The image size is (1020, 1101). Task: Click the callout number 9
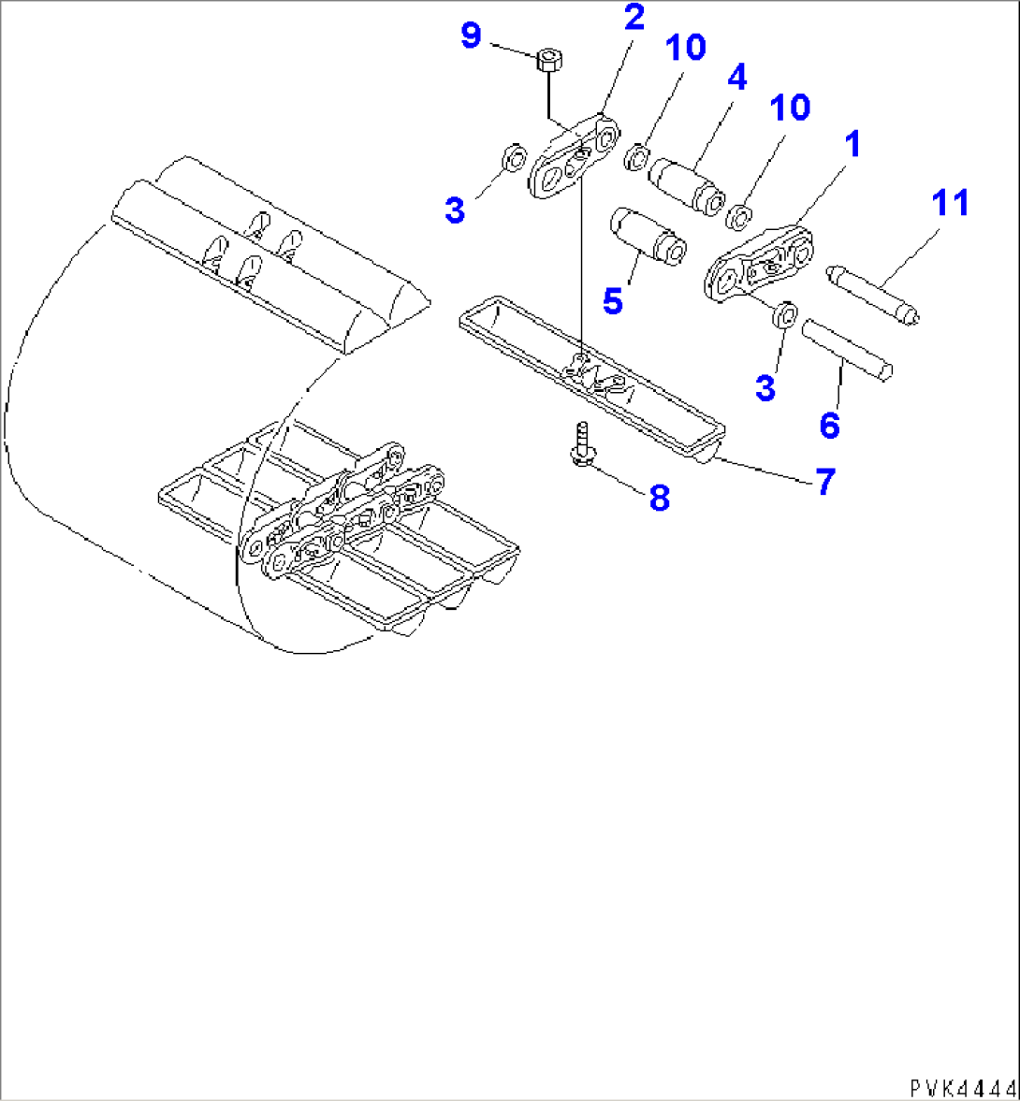[470, 36]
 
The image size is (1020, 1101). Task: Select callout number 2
[634, 18]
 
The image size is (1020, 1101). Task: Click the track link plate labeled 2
[574, 157]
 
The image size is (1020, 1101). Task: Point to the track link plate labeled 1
[758, 264]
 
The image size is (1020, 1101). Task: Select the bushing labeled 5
[646, 236]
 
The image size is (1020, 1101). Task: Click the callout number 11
[950, 202]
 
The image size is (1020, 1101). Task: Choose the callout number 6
[829, 426]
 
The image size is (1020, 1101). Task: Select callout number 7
[823, 482]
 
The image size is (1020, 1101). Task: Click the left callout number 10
[686, 49]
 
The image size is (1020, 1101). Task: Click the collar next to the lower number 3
[786, 315]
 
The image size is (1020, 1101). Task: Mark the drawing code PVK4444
[961, 1088]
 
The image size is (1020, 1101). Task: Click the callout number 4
[736, 77]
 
